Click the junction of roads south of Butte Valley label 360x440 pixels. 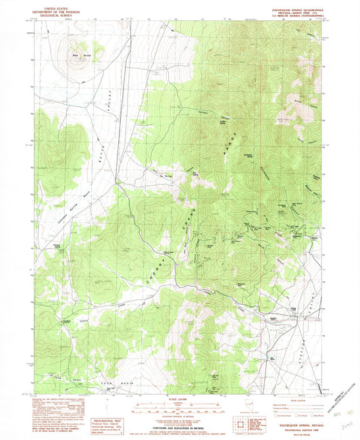(x=115, y=181)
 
